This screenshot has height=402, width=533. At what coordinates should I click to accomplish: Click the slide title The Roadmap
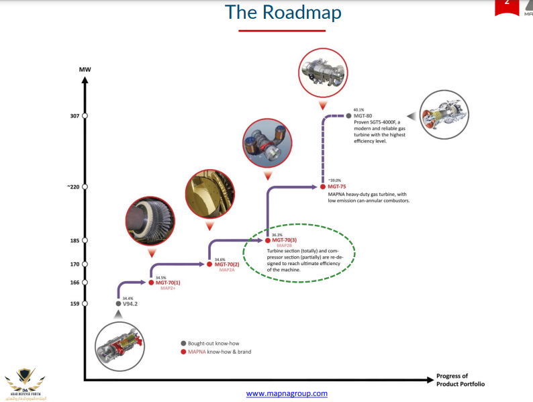point(283,13)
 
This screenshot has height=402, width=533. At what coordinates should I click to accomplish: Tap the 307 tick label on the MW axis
point(75,116)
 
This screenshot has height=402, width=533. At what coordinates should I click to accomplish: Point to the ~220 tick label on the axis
point(72,187)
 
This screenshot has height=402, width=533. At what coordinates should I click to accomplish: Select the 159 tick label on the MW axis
point(75,304)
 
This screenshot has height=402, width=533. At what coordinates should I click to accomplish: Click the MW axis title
point(85,69)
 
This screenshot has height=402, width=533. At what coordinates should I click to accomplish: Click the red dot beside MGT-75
point(323,187)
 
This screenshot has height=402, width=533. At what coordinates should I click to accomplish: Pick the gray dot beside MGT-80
point(348,116)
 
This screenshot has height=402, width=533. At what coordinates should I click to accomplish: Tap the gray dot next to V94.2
point(117,304)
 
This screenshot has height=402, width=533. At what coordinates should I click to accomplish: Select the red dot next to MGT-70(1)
point(151,283)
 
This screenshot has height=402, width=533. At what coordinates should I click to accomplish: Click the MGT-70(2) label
point(227,264)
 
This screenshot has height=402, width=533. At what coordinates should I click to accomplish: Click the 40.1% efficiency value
point(358,109)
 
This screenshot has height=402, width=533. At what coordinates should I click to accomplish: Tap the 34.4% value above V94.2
point(128,298)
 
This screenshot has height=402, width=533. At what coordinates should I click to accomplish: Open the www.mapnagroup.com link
point(287,393)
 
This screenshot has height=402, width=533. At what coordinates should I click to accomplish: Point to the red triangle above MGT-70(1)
point(151,254)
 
